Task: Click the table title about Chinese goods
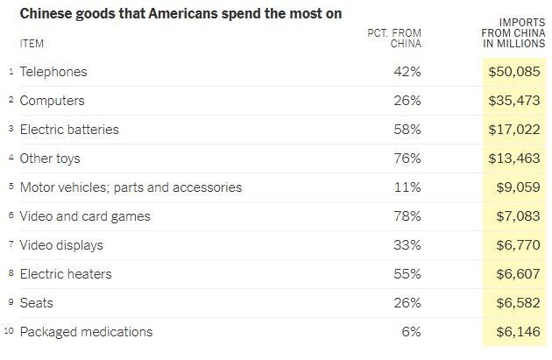[180, 14]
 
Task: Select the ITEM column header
[32, 44]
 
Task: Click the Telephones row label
[53, 72]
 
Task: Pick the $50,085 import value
[513, 72]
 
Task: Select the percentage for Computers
[407, 101]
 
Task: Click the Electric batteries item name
[69, 130]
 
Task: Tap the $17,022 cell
[513, 130]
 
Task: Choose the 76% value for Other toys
[407, 159]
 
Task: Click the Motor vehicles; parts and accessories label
[131, 187]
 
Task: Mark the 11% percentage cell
[408, 187]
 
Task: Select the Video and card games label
[85, 216]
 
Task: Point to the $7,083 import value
[517, 216]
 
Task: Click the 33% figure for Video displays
[407, 245]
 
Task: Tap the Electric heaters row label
[66, 274]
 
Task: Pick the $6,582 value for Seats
[517, 303]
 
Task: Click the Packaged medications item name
[86, 332]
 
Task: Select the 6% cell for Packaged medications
[412, 332]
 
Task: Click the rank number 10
[9, 332]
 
